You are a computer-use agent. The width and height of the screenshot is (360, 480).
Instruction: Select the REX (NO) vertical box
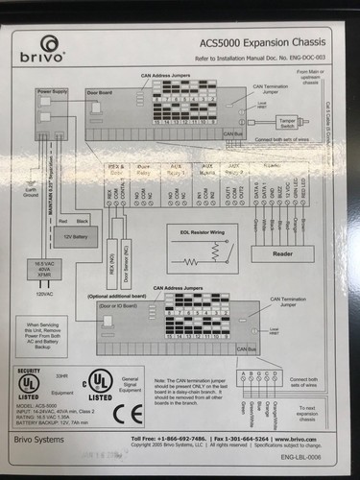[113, 270]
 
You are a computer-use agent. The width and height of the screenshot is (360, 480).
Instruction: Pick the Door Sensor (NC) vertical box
[128, 270]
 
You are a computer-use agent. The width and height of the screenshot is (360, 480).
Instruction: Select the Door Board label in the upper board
[100, 93]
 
